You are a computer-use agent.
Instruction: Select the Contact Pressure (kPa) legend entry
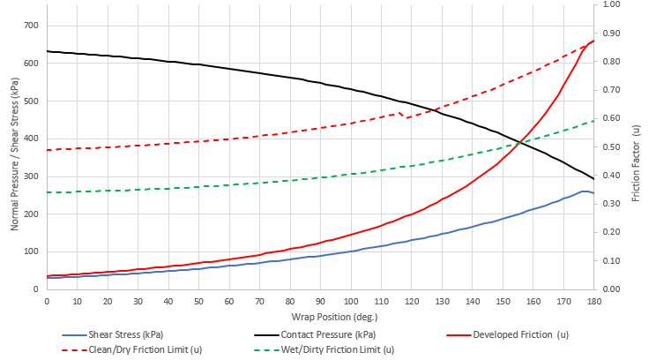tap(320, 335)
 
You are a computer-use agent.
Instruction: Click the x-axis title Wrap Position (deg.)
tap(320, 315)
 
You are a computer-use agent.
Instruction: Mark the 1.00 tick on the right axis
tap(611, 4)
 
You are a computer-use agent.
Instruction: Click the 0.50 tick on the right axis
tap(611, 147)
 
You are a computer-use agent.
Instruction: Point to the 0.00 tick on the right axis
tap(611, 289)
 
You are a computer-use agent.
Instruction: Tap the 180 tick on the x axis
tap(593, 300)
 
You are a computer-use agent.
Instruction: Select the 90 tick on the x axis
tap(320, 300)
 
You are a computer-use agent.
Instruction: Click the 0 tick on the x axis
tap(47, 300)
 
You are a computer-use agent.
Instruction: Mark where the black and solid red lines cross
tap(525, 141)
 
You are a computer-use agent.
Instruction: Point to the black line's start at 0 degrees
tap(48, 51)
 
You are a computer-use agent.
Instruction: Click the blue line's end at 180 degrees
tap(593, 193)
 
